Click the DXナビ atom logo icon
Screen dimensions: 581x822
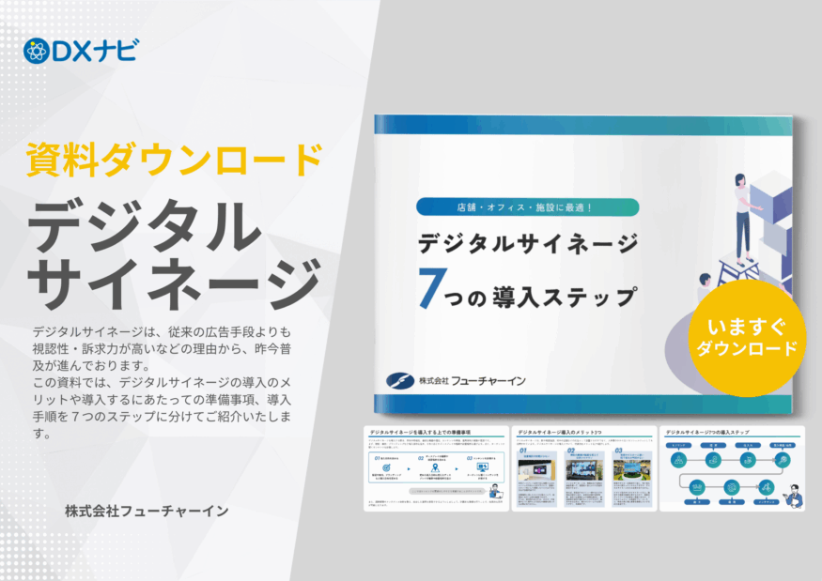pos(36,51)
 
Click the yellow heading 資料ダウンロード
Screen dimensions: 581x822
pos(175,160)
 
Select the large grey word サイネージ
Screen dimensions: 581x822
pos(175,278)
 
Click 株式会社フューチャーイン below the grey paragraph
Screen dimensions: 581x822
pos(147,512)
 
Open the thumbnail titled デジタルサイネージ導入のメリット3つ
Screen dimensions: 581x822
pos(584,468)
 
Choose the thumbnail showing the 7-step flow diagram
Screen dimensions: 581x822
pos(733,468)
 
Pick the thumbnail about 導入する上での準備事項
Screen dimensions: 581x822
pos(435,468)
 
